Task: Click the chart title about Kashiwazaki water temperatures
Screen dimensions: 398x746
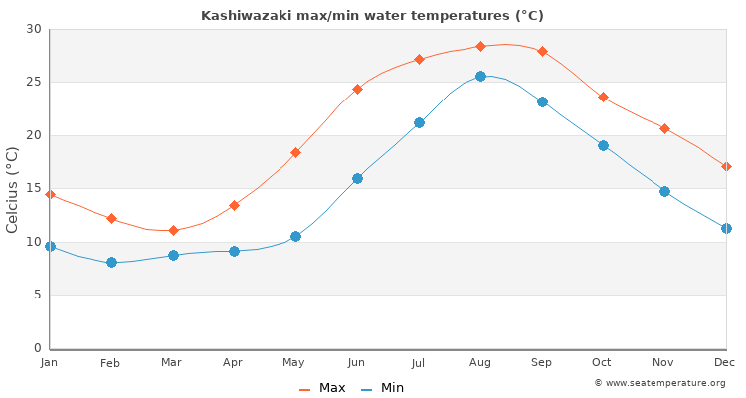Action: coord(372,16)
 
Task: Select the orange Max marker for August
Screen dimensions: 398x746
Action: coord(480,46)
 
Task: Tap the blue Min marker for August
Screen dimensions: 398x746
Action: coord(480,76)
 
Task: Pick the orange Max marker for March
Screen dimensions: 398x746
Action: coord(173,230)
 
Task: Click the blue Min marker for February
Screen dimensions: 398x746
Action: coord(111,262)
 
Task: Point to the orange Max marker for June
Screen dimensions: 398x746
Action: coord(357,89)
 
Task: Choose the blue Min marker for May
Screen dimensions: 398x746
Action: coord(295,236)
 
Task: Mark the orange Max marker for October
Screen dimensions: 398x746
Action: coord(603,97)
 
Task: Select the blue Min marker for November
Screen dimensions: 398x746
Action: coord(664,191)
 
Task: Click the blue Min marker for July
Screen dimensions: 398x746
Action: coord(419,122)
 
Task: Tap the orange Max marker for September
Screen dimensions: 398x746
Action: coord(542,51)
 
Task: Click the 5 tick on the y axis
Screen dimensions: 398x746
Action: coord(37,295)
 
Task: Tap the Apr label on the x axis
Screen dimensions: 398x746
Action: coord(234,364)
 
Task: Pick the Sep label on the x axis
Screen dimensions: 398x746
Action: coord(542,364)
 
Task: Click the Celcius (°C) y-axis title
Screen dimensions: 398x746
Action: coord(13,189)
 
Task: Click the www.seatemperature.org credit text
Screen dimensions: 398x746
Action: coord(659,383)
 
